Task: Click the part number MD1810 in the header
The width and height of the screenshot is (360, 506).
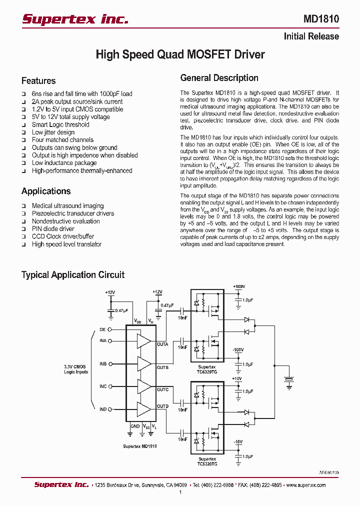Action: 321,19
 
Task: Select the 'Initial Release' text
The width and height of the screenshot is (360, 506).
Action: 311,36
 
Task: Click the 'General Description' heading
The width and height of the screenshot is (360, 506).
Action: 219,78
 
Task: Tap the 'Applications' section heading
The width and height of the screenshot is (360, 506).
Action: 46,191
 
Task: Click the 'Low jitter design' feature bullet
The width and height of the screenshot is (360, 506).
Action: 53,132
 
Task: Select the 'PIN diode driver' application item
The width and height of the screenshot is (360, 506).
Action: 53,228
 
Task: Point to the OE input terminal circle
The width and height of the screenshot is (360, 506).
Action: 110,329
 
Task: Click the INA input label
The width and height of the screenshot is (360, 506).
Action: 102,341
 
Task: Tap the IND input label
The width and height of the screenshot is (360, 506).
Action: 102,409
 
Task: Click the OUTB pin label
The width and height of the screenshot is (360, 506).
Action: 162,367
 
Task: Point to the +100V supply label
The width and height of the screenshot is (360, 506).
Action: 239,286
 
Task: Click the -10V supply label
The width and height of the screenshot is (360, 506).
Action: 237,441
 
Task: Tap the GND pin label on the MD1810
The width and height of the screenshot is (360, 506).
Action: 135,426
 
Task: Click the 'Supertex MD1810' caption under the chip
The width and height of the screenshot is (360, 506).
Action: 140,446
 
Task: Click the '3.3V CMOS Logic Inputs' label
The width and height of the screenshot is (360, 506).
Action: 76,369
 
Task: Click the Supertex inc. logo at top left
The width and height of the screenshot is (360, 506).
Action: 75,19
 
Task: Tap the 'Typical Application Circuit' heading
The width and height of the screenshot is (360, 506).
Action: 72,274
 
